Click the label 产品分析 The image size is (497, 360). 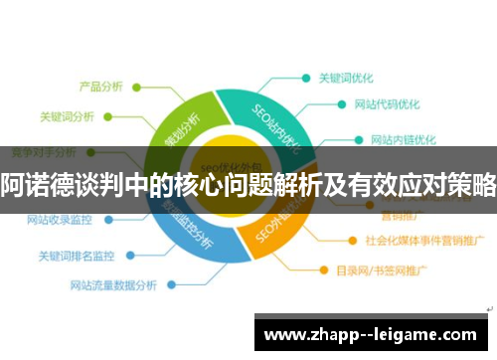100,86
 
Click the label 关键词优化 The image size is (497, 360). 347,77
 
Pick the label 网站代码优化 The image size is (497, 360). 387,104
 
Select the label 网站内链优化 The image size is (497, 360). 404,139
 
